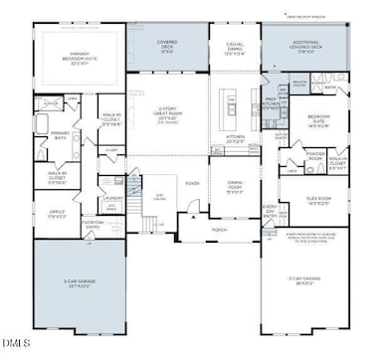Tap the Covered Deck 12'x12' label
(x=167, y=46)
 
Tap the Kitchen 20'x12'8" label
(x=237, y=141)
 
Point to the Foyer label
(x=192, y=183)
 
